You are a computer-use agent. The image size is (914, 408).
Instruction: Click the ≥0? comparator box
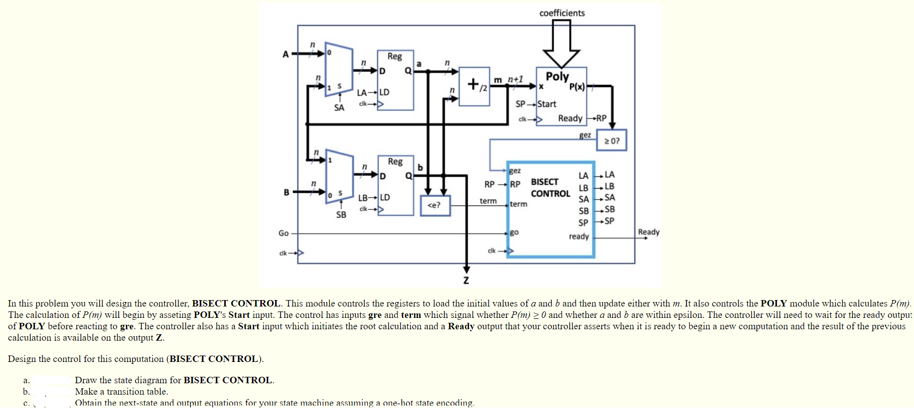(612, 141)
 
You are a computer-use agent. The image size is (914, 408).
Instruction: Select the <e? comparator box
(435, 205)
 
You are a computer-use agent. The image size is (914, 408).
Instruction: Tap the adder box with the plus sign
(474, 86)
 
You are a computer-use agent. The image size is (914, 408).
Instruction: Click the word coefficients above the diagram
(562, 13)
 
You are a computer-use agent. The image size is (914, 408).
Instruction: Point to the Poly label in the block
(557, 76)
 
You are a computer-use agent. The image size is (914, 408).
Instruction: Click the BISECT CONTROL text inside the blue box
(550, 188)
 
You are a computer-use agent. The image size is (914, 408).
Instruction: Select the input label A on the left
(286, 54)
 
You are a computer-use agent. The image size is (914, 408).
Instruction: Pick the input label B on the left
(286, 192)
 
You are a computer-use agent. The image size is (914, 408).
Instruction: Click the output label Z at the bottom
(466, 280)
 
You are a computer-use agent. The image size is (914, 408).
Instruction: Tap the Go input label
(283, 233)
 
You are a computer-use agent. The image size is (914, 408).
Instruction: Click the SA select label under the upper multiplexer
(339, 107)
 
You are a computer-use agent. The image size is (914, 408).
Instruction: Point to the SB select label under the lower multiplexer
(341, 214)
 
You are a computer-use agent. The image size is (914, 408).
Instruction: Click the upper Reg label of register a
(394, 56)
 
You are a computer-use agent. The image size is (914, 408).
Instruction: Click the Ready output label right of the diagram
(648, 232)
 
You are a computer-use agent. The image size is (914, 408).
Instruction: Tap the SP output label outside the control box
(609, 221)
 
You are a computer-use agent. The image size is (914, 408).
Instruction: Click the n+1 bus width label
(515, 79)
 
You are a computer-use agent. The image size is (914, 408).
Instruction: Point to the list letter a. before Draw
(26, 380)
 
